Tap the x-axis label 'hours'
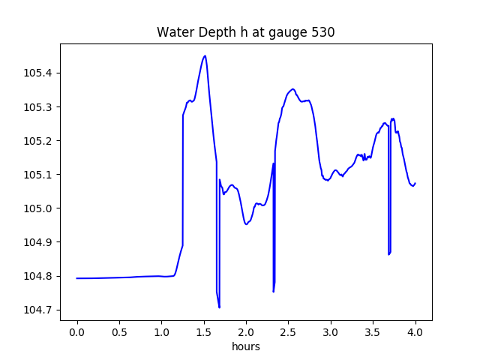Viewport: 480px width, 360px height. [246, 347]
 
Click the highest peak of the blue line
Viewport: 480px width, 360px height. [205, 55]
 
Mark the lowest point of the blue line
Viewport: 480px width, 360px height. [219, 307]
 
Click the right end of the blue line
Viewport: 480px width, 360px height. [415, 183]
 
